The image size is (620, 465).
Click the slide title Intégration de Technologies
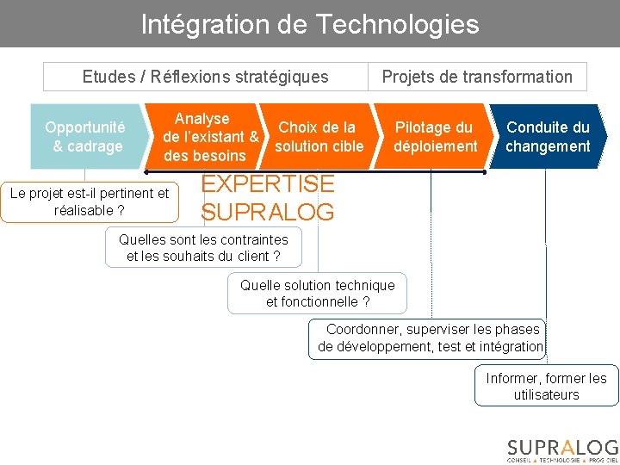pos(309,23)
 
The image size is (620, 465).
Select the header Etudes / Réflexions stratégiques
pos(205,77)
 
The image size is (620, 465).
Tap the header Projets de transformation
pos(477,77)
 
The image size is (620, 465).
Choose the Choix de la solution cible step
pos(319,137)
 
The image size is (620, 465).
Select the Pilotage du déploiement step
pos(434,137)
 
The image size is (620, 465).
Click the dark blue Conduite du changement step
pos(548,137)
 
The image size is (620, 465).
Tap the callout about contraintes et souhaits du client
pos(204,247)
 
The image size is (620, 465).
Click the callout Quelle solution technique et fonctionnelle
pos(317,294)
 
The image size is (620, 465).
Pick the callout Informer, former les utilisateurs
pos(546,387)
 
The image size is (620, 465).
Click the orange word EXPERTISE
pos(267,183)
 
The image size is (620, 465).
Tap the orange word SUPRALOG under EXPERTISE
pos(267,211)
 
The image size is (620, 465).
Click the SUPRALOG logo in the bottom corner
pos(561,449)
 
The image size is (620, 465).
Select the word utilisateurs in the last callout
pos(546,395)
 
